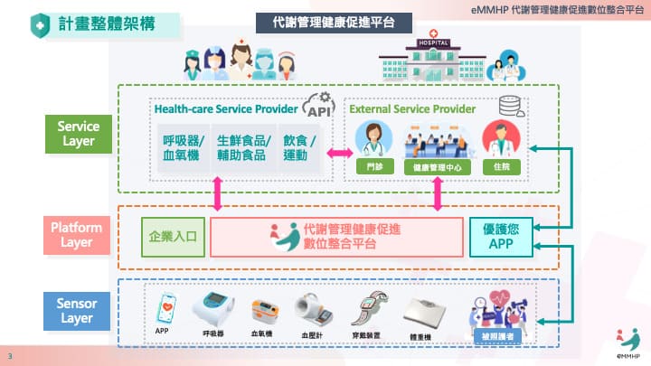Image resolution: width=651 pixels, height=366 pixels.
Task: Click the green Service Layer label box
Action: [78, 134]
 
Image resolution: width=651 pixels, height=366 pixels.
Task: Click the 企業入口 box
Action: [174, 238]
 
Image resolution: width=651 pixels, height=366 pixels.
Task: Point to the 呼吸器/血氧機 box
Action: [183, 147]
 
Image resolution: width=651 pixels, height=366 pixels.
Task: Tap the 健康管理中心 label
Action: [438, 168]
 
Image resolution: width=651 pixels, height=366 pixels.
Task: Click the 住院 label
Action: [502, 168]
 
